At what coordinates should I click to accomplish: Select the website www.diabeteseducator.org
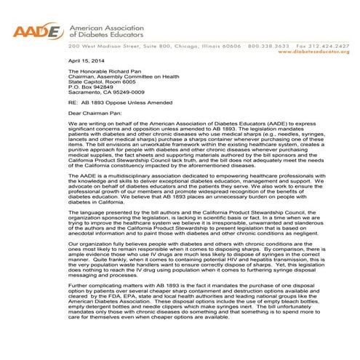tap(318, 52)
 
